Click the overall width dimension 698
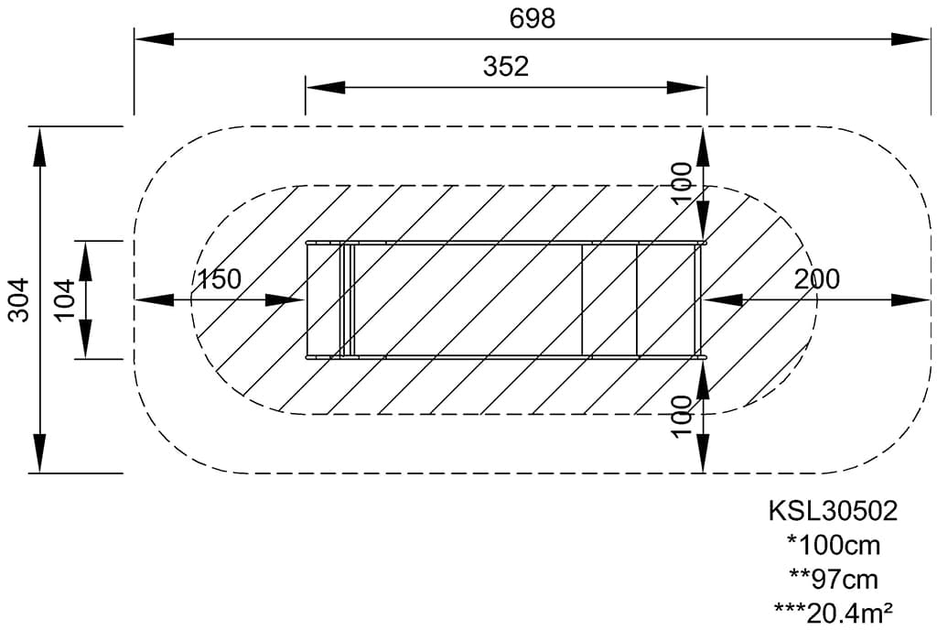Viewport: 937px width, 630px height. [533, 17]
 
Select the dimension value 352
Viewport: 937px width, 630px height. [505, 67]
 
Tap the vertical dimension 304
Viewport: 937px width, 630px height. [19, 299]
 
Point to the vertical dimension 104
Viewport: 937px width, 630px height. [64, 299]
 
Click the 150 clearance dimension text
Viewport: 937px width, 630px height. [220, 279]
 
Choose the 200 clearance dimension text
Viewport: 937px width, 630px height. [816, 279]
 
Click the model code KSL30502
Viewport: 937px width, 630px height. [833, 511]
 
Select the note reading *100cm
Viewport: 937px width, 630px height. [833, 545]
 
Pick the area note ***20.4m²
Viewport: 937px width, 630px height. [833, 611]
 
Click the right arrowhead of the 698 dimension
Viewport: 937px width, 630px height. [912, 38]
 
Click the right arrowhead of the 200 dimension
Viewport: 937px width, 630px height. [912, 299]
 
